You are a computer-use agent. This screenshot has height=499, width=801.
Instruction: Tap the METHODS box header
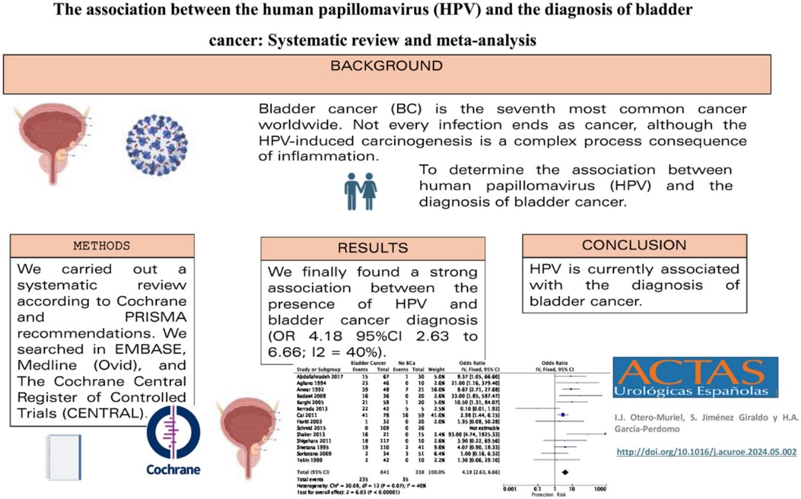click(x=102, y=246)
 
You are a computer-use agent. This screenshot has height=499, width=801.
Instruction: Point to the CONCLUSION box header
click(x=634, y=246)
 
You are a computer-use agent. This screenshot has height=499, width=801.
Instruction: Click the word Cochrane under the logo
click(x=173, y=469)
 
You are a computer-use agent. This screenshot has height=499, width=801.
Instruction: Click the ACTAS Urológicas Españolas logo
click(x=695, y=377)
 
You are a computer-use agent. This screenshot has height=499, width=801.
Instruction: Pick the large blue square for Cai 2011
click(x=562, y=414)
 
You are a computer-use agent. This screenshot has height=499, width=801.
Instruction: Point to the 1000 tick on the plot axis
click(x=600, y=490)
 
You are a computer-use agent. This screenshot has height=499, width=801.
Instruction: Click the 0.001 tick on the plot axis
click(x=511, y=490)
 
